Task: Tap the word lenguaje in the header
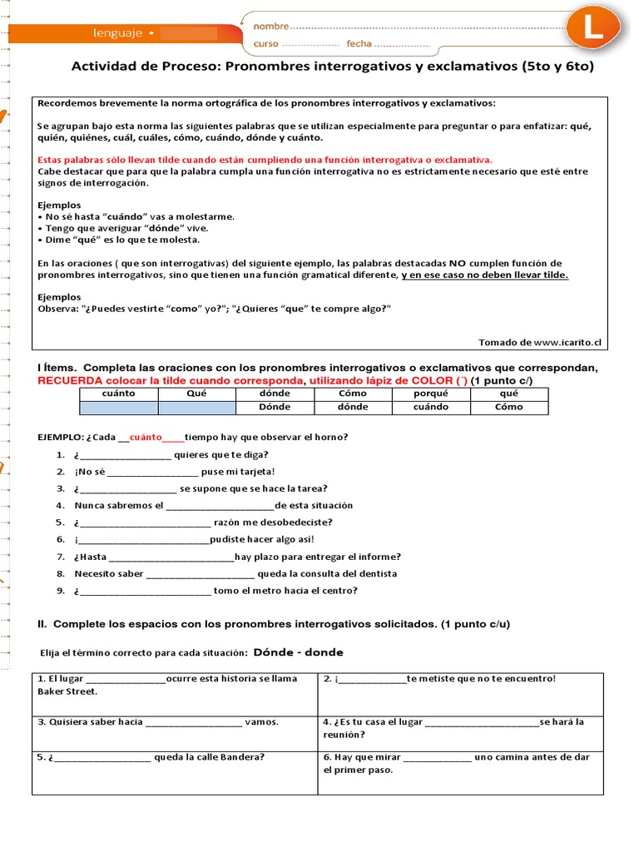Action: coord(117,33)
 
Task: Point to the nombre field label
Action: coord(271,27)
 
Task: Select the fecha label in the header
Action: coord(359,43)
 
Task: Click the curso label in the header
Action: coord(266,43)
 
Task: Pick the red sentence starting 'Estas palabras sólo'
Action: coord(265,159)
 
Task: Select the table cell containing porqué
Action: coord(431,394)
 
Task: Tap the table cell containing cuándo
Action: coord(431,407)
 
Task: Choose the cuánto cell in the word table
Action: coord(118,394)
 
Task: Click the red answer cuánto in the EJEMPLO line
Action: coord(146,437)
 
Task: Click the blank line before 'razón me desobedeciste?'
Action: coord(144,523)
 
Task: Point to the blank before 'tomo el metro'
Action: coord(144,592)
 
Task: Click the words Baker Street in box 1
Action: coord(67,691)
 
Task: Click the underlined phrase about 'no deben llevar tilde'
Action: coord(484,275)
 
